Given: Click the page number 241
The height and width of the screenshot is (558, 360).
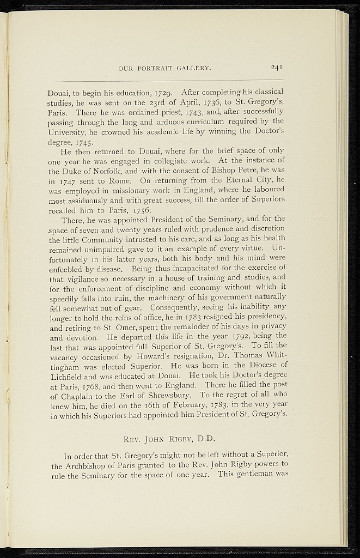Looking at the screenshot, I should [276, 68].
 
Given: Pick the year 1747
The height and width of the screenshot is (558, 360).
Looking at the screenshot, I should [68, 180].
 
